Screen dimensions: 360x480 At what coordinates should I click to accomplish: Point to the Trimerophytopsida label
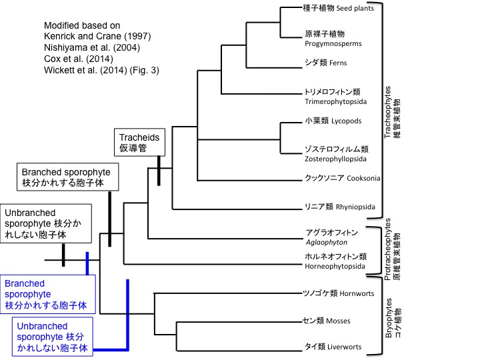pyautogui.click(x=333, y=97)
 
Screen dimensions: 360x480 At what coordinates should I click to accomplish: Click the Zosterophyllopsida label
pyautogui.click(x=337, y=154)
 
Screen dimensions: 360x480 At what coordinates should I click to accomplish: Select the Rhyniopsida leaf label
pyautogui.click(x=339, y=207)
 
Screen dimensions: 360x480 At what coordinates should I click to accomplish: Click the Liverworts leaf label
pyautogui.click(x=333, y=347)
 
